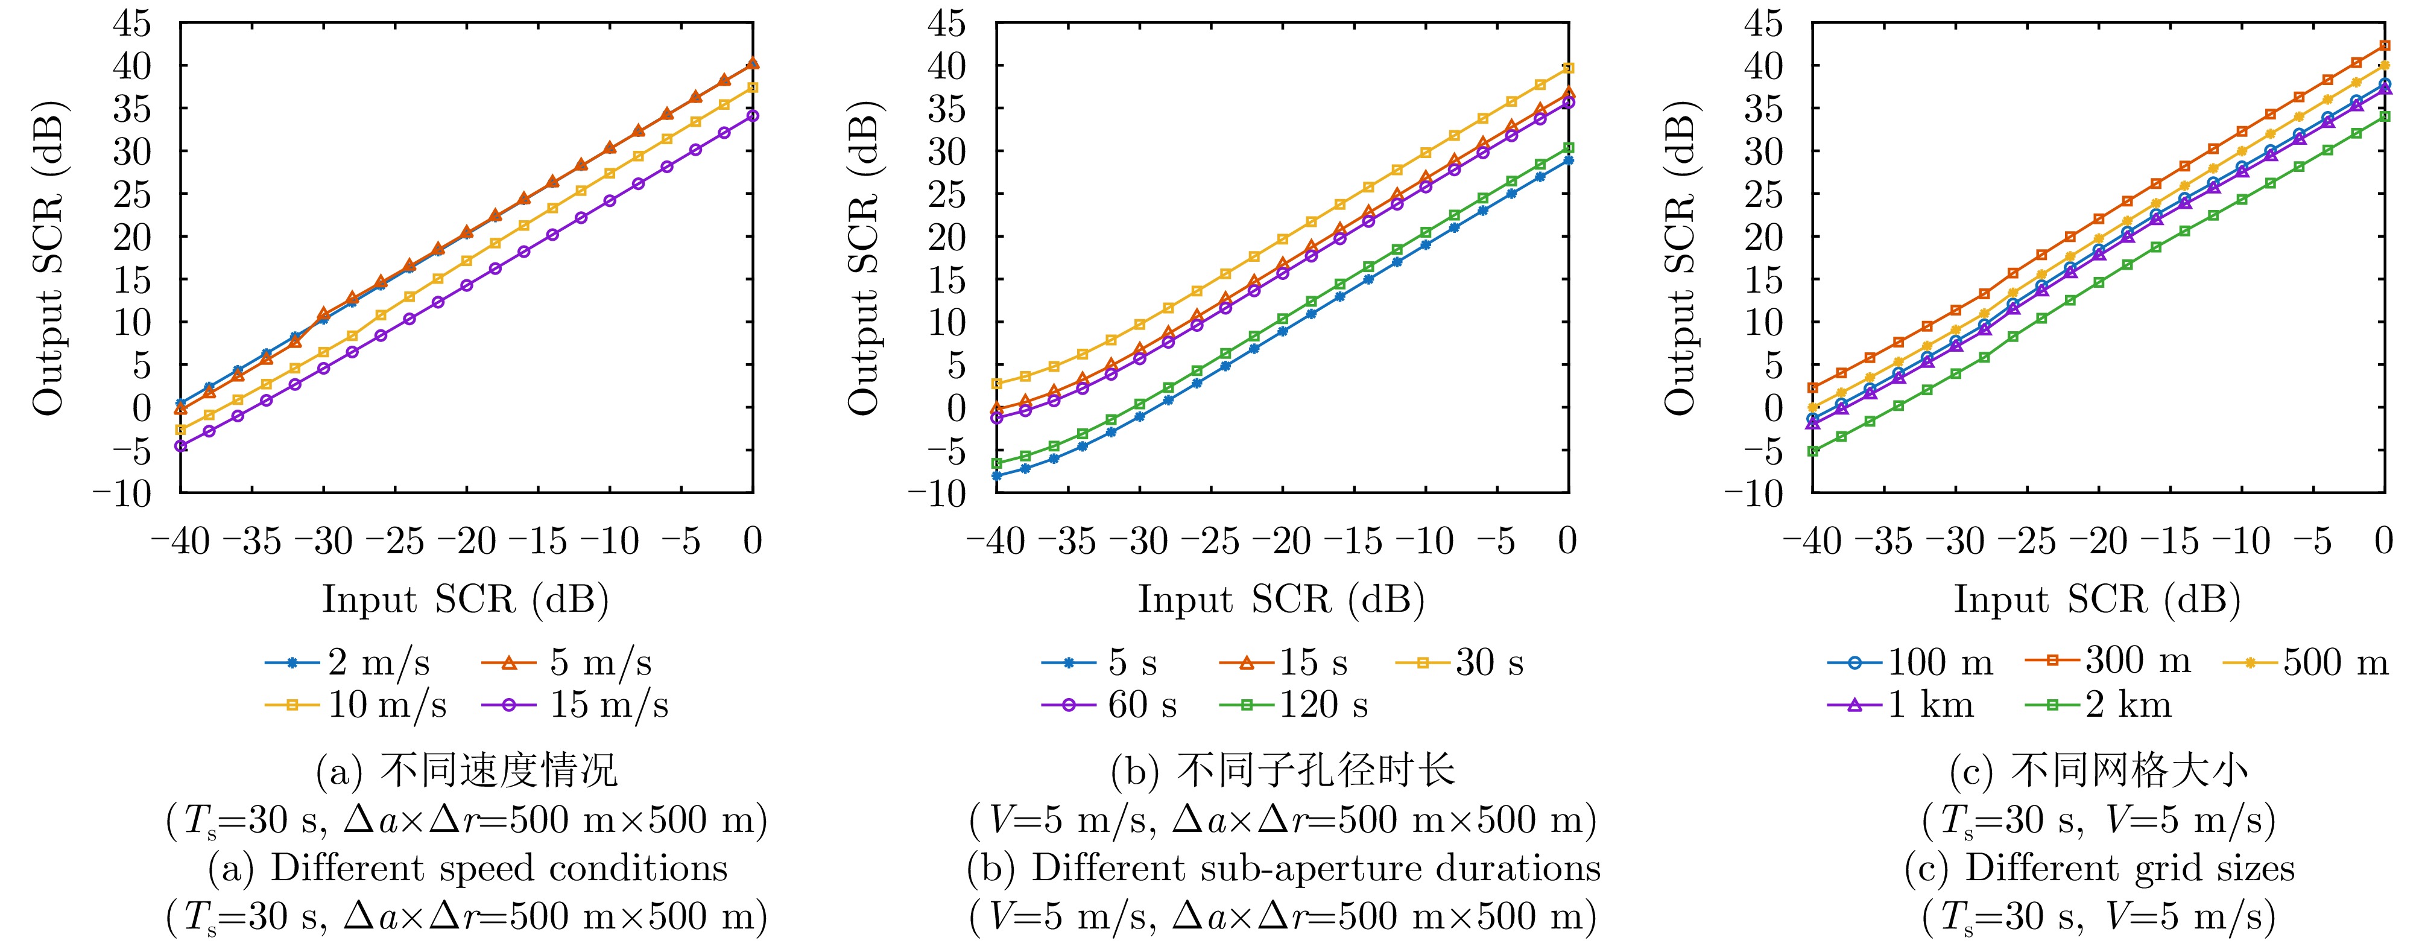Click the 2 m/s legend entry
pyautogui.click(x=348, y=663)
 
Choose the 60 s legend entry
pyautogui.click(x=1110, y=705)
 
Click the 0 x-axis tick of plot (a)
pyautogui.click(x=752, y=542)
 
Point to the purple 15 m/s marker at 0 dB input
pyautogui.click(x=753, y=116)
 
